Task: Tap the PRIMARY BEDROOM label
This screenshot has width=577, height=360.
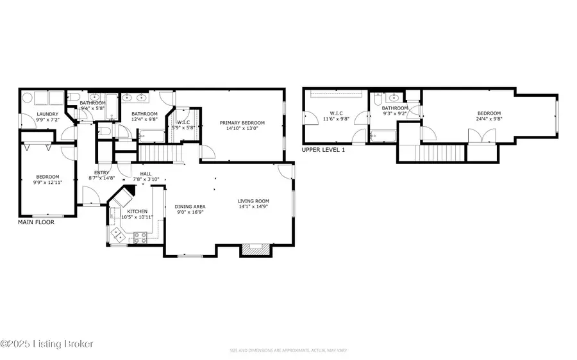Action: click(242, 123)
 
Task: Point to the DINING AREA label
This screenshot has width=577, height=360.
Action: click(190, 206)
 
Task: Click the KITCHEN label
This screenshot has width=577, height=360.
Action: click(137, 211)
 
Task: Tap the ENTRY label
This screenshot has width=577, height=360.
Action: click(102, 172)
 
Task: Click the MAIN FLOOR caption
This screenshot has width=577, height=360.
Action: click(36, 222)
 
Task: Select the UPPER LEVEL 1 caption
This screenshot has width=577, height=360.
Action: click(324, 149)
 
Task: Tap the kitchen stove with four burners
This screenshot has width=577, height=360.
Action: click(142, 238)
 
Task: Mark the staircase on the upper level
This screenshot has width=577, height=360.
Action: click(431, 153)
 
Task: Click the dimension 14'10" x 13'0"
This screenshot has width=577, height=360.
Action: click(242, 128)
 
